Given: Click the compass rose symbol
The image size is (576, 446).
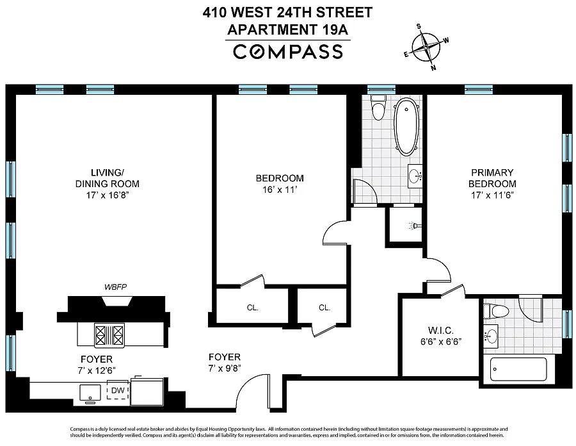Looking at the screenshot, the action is tap(426, 47).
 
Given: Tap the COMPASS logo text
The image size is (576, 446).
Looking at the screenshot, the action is tap(288, 51).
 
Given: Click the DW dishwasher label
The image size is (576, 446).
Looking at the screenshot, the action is tap(118, 390).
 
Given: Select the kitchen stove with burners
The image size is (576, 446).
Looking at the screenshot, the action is tap(109, 335).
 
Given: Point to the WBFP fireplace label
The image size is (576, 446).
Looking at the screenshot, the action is tap(116, 287).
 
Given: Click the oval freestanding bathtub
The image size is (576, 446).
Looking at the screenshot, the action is tap(406, 127).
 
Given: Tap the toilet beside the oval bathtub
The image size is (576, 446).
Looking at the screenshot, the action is tap(378, 107).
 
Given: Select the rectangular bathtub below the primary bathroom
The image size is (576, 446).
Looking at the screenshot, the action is tap(518, 369).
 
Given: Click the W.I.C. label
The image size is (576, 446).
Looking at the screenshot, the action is tap(441, 330).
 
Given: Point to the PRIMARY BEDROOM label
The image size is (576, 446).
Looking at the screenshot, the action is tap(492, 178).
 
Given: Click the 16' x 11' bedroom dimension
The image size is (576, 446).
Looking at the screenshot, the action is tap(280, 190).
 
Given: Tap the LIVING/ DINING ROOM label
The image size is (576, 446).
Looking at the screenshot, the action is tap(108, 178).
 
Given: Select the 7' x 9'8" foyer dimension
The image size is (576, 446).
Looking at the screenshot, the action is tap(225, 368).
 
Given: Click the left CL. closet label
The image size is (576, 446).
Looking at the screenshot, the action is tap(253, 308).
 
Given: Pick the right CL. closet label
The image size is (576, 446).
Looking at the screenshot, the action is tap(324, 308).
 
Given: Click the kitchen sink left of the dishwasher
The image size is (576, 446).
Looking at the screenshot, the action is tap(90, 393).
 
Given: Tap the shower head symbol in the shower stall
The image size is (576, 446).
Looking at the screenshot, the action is tap(415, 226).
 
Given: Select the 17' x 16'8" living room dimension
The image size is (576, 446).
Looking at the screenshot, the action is tap(108, 195).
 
